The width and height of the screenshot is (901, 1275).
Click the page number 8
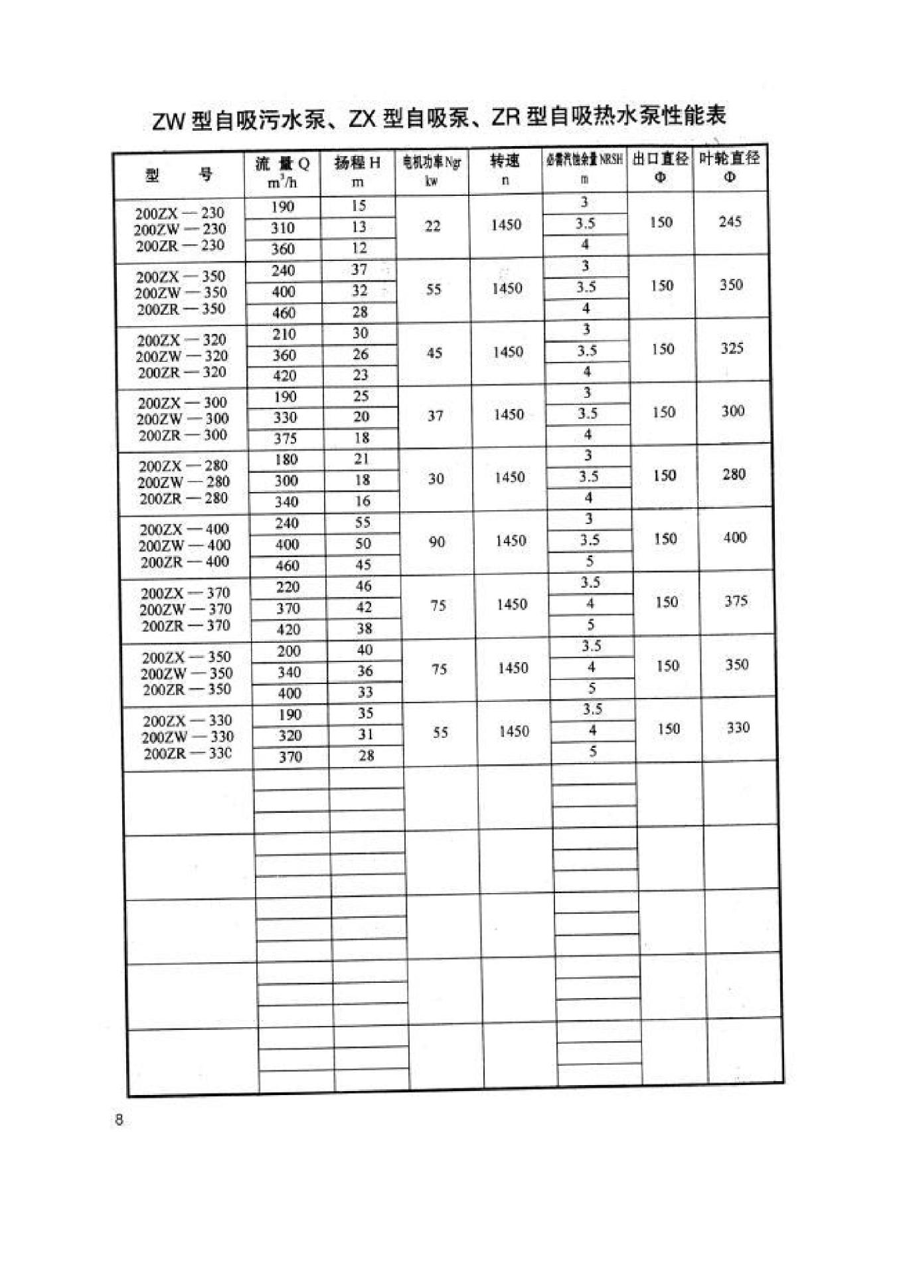[119, 1120]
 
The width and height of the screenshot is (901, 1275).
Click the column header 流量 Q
[282, 171]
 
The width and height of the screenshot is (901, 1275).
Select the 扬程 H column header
[357, 171]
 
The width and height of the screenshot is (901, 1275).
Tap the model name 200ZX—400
[184, 529]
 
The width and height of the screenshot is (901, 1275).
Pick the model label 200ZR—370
[186, 626]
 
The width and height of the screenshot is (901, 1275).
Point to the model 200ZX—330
[187, 721]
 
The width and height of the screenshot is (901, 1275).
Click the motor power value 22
[432, 226]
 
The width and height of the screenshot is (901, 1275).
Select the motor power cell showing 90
[436, 542]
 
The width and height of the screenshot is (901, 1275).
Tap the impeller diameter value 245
[730, 222]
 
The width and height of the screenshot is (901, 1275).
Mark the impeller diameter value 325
[732, 348]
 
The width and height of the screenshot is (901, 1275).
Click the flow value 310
[283, 228]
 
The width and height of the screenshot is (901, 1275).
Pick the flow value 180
[286, 460]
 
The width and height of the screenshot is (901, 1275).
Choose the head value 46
[363, 586]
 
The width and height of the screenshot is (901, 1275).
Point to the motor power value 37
[435, 416]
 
